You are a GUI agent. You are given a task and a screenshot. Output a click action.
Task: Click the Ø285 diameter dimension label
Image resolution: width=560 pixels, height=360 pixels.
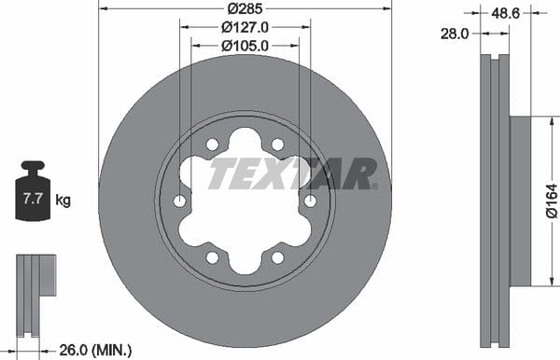[245, 8]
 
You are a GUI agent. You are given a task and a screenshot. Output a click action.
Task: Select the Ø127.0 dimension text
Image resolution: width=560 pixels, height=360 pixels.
[245, 27]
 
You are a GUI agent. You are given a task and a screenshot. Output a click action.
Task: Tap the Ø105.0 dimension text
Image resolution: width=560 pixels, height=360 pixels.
[245, 46]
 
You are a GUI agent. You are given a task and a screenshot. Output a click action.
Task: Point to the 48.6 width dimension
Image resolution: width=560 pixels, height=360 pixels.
[505, 13]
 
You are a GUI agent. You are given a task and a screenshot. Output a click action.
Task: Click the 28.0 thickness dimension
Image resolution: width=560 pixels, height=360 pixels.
[455, 34]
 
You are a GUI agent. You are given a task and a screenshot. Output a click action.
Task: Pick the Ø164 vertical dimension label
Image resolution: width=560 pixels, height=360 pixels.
[552, 201]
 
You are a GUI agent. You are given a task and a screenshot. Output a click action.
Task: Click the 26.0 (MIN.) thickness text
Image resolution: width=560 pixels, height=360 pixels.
[95, 350]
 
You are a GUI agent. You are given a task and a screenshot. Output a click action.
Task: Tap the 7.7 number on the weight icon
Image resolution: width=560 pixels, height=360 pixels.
[33, 199]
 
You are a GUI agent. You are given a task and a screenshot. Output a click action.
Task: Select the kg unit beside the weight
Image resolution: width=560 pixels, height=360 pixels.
[63, 201]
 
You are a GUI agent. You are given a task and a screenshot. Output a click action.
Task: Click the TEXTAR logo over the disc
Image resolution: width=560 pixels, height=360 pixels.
[293, 173]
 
